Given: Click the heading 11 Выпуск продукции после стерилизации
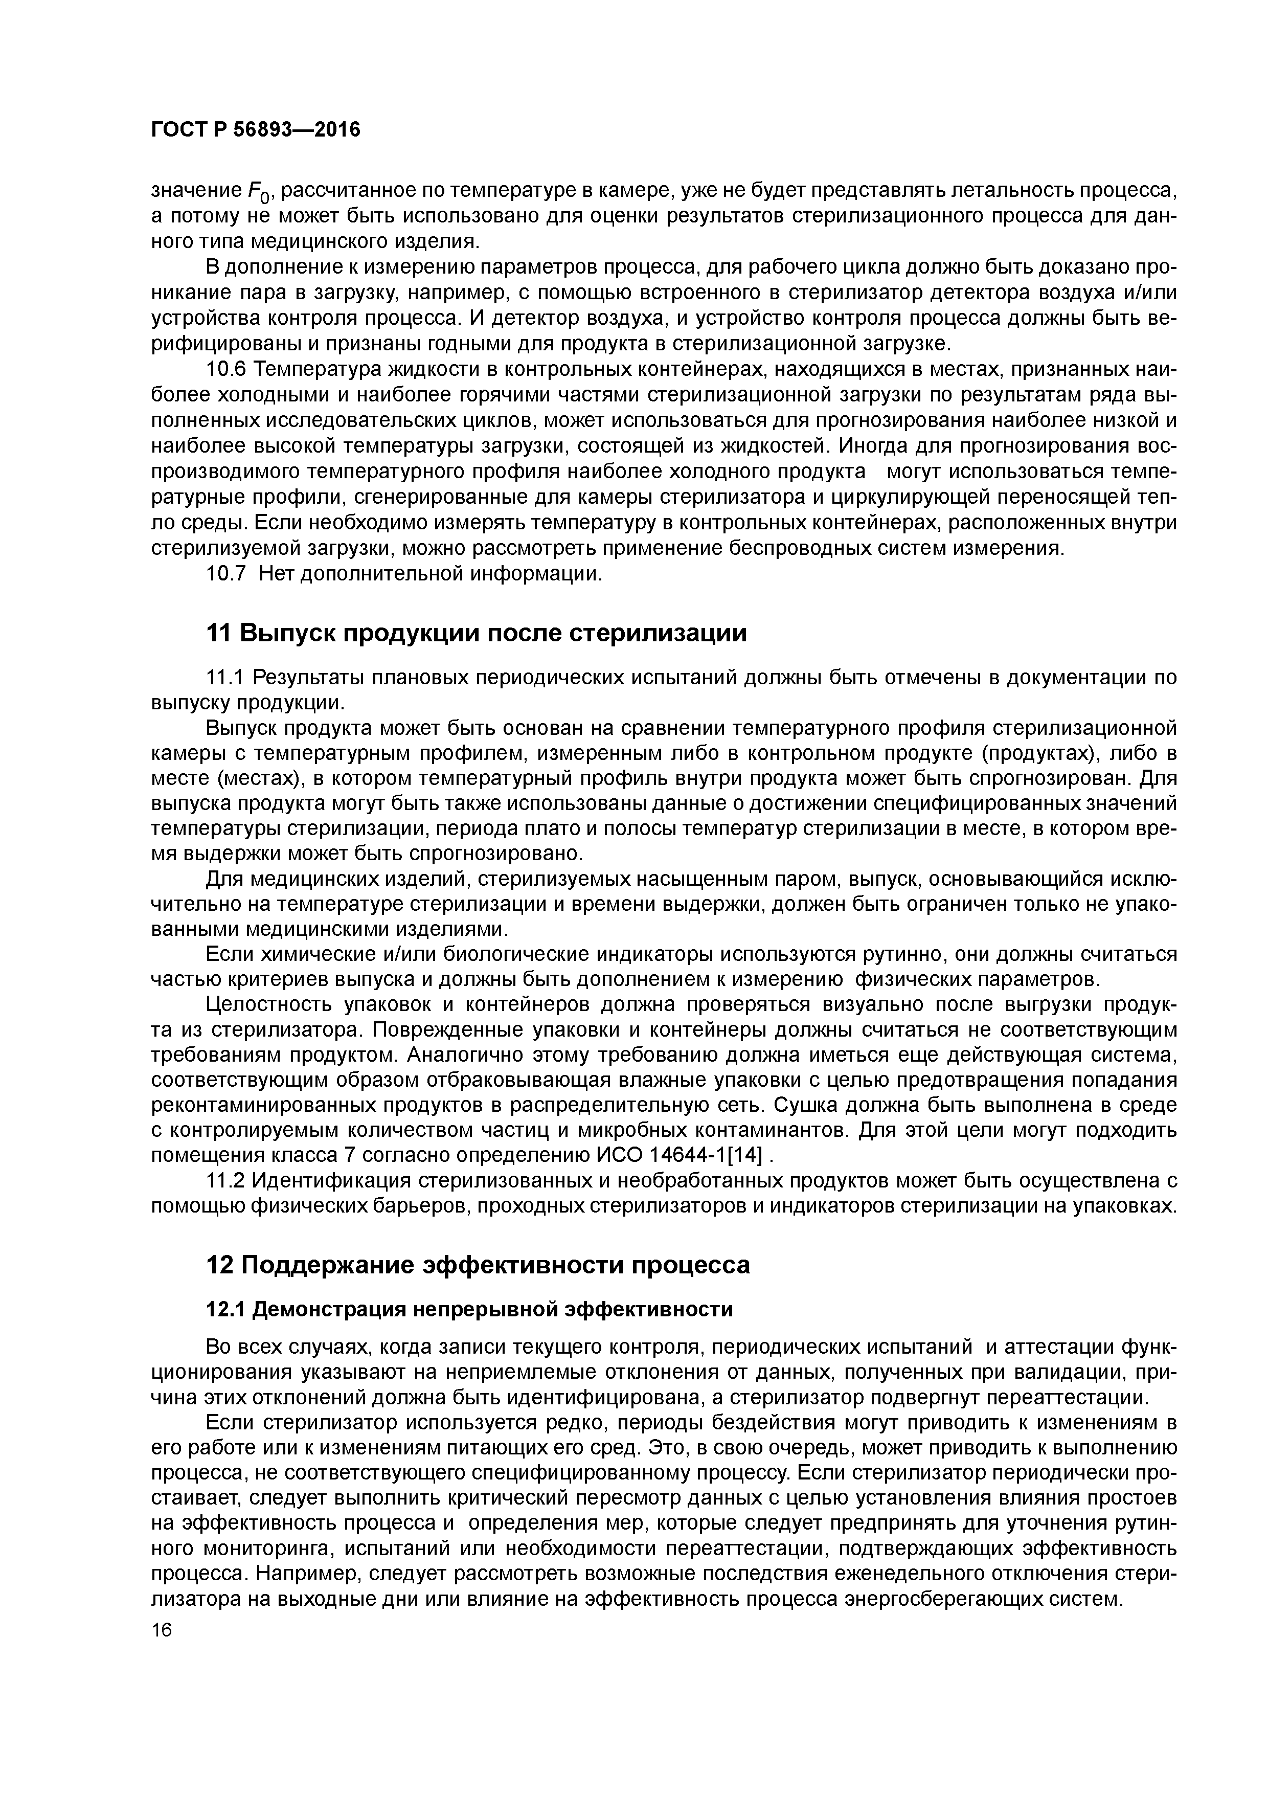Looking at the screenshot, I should tap(476, 633).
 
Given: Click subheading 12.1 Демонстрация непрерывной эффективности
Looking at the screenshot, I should tap(469, 1310).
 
